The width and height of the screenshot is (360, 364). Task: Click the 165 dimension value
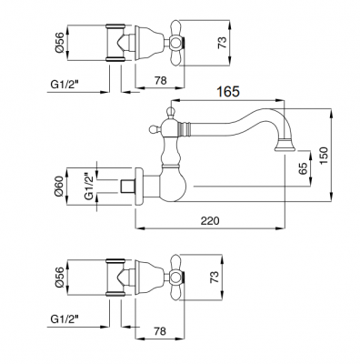(x=228, y=91)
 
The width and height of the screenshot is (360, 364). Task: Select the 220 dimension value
(x=210, y=220)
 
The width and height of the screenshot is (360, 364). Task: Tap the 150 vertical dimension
(x=324, y=156)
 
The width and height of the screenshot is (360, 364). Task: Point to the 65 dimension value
(x=303, y=167)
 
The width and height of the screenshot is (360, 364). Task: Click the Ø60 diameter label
(x=60, y=186)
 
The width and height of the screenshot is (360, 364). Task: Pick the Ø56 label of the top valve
(x=60, y=42)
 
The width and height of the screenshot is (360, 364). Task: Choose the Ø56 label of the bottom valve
(x=60, y=277)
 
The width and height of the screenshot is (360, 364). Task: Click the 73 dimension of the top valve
(x=222, y=43)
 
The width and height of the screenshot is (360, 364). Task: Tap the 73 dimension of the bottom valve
(x=214, y=277)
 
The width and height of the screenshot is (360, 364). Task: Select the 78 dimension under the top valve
(x=161, y=80)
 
